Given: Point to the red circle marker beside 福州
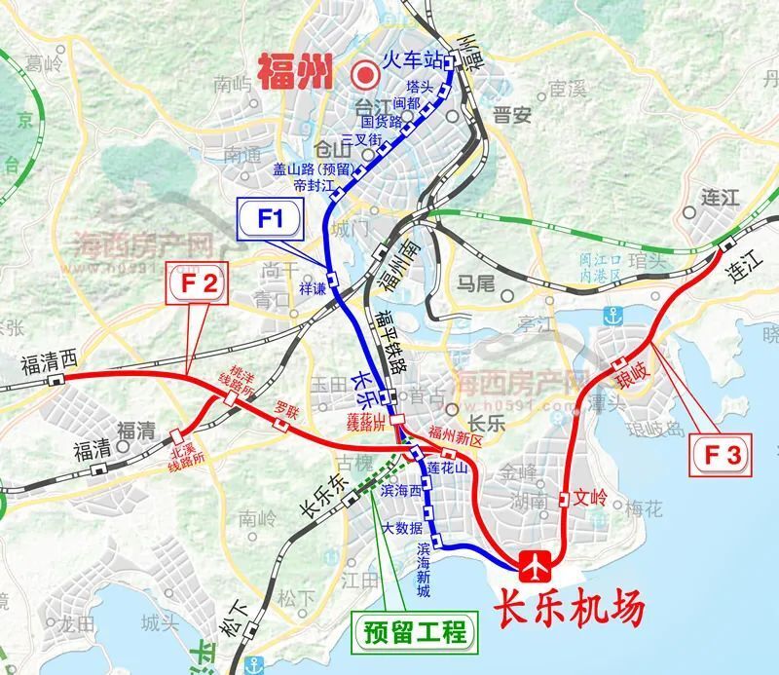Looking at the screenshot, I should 366,73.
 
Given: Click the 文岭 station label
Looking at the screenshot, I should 590,500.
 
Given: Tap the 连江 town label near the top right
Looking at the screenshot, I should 721,199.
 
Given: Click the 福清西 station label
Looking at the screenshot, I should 48,365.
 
